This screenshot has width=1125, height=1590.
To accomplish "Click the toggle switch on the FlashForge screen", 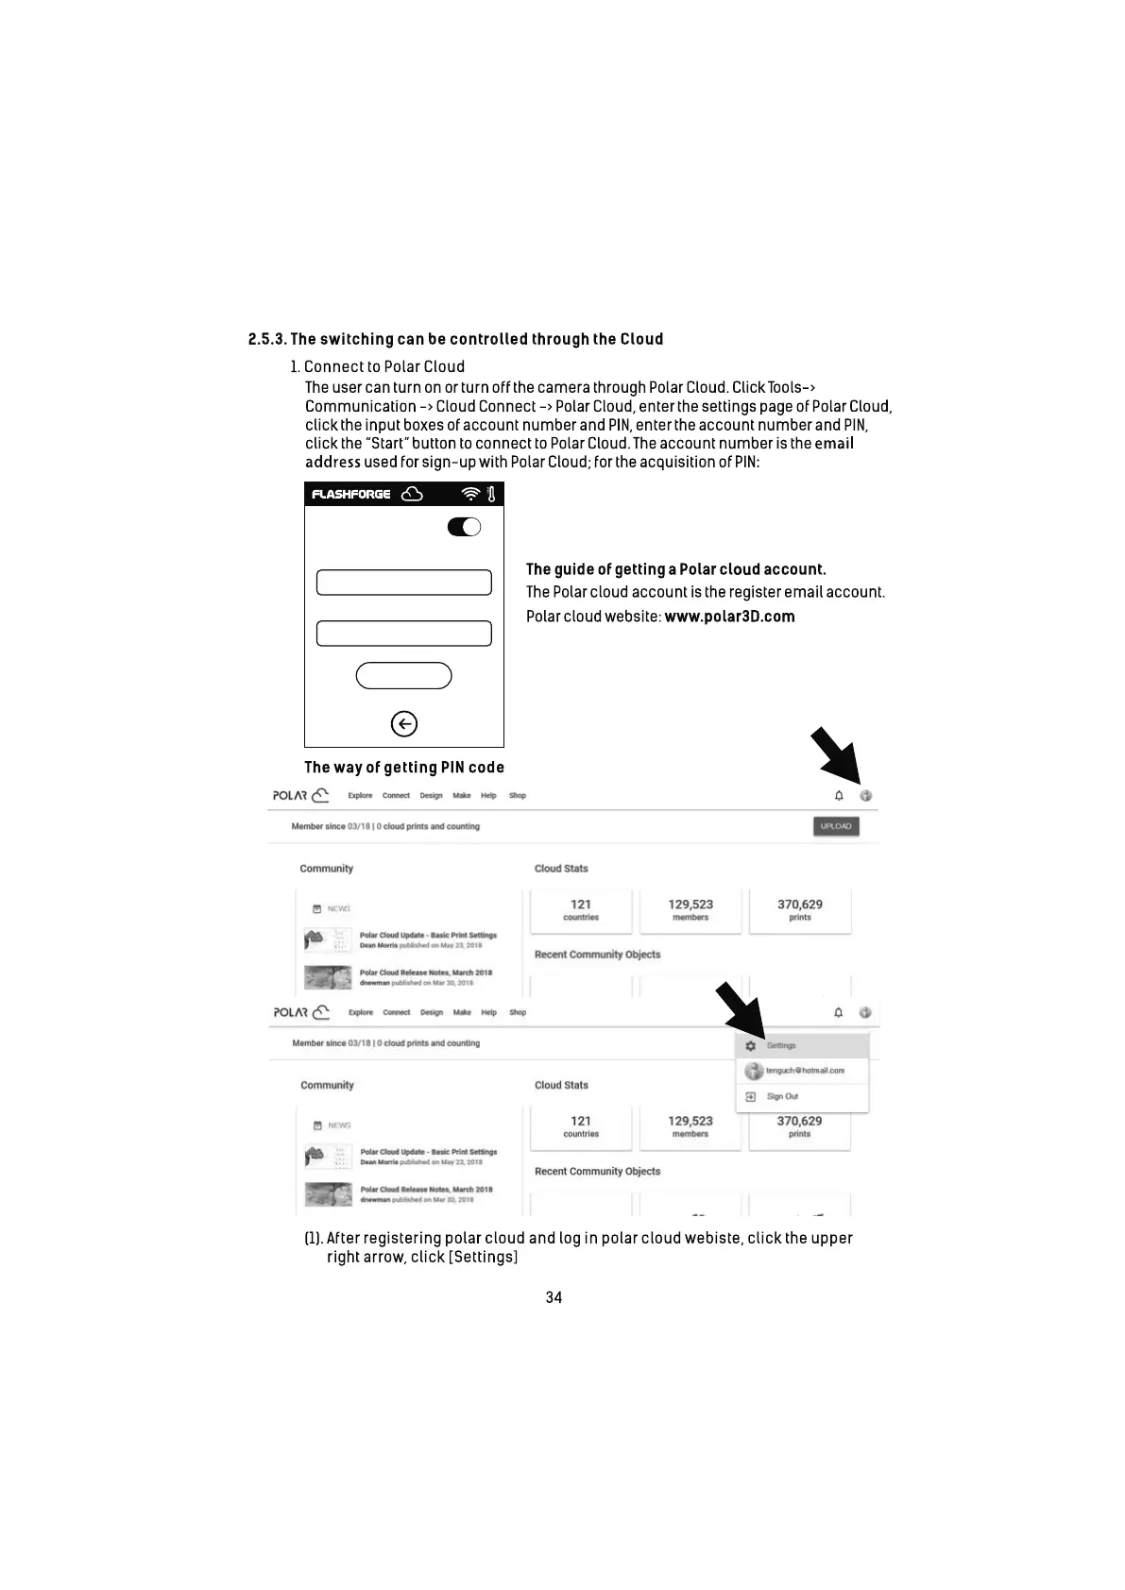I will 464,527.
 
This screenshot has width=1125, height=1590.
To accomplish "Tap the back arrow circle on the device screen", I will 403,724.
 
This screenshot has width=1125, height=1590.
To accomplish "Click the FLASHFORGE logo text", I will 351,494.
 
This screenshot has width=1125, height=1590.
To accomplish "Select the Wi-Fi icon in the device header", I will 470,494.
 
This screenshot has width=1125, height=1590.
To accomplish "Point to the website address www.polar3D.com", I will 729,617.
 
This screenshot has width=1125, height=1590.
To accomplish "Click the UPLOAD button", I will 836,826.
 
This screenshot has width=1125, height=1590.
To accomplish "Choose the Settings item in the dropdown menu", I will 781,1045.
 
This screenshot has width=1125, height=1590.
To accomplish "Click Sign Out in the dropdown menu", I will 782,1096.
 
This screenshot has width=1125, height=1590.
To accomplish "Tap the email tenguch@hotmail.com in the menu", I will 805,1071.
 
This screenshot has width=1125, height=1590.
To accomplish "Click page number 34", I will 554,1297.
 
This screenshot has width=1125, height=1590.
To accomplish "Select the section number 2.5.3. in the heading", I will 267,339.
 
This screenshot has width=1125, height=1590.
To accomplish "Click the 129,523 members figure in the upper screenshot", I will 690,909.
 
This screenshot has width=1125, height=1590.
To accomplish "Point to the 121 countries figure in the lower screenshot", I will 581,1126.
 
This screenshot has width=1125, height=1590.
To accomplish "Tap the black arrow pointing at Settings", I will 741,1008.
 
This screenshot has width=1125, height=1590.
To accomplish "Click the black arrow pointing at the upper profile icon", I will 835,753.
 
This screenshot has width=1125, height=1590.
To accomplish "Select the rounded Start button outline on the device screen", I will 403,676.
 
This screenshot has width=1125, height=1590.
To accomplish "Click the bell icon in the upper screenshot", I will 839,796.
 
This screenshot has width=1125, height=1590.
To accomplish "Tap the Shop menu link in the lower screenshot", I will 518,1012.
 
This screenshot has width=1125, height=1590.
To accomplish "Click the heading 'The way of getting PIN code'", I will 404,768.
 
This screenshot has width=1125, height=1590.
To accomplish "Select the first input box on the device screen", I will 403,583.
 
